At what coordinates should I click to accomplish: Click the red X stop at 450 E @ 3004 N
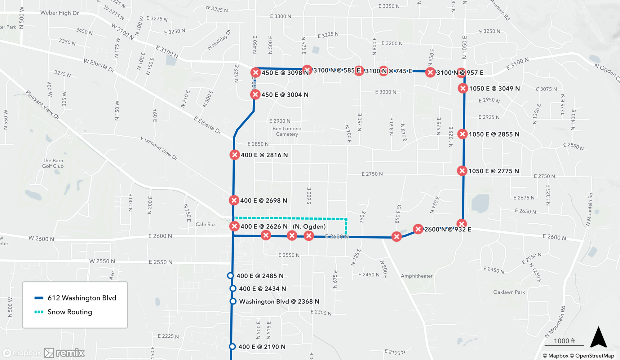pos(255,94)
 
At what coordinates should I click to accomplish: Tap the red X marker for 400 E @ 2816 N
pos(235,155)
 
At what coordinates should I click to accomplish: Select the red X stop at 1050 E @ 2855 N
pos(463,134)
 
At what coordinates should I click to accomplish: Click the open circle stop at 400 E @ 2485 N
pos(230,275)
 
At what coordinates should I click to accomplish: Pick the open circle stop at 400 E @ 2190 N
pos(232,346)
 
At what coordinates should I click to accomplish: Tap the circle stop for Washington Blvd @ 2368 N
pos(233,301)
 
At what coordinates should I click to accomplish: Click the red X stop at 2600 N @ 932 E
pos(418,229)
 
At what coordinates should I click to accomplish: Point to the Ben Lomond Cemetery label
pos(287,131)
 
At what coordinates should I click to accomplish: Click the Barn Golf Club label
pos(53,163)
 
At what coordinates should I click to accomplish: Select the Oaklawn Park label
pos(509,292)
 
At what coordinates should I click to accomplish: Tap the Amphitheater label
pos(416,276)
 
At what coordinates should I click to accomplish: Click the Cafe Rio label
pos(205,224)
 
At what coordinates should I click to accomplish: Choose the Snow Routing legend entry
pos(70,312)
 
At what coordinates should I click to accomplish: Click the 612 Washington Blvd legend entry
pos(82,298)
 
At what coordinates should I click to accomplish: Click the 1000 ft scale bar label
pos(564,341)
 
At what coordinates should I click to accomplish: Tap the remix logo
pos(64,353)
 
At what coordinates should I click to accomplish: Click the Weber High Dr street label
pos(60,13)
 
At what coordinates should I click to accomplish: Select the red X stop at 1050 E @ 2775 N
pos(462,171)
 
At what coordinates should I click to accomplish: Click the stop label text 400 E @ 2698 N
pos(263,200)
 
